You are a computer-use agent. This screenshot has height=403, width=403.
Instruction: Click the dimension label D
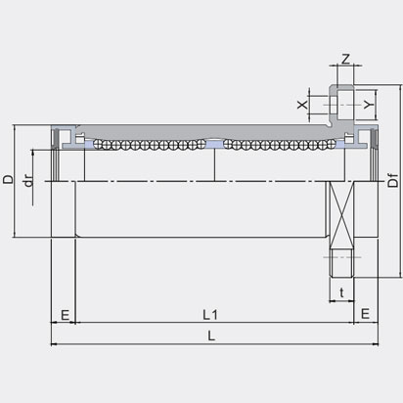pyautogui.click(x=9, y=180)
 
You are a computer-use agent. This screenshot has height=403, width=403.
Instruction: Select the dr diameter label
pyautogui.click(x=28, y=182)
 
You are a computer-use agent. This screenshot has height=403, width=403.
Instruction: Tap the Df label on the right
pyautogui.click(x=392, y=181)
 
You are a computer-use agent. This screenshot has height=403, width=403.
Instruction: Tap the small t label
pyautogui.click(x=340, y=291)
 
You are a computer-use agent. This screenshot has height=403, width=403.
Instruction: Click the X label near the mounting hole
pyautogui.click(x=302, y=102)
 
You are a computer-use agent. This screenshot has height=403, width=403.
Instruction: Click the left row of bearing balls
pyautogui.click(x=148, y=146)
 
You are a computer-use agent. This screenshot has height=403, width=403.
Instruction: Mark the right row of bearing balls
pyautogui.click(x=278, y=146)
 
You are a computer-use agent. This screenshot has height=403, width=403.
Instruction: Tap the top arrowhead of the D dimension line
pyautogui.click(x=17, y=128)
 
